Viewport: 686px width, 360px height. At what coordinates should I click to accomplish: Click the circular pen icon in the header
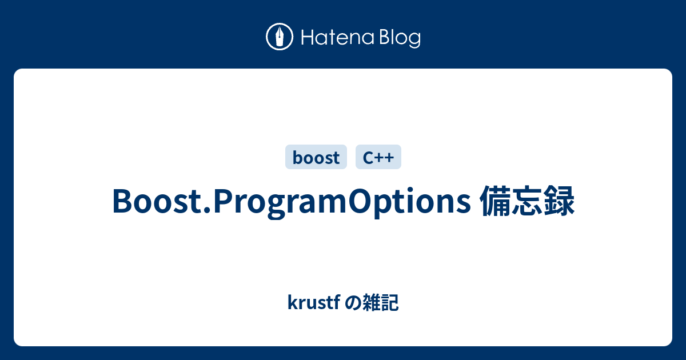280,38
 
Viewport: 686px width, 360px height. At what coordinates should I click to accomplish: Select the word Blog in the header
398,38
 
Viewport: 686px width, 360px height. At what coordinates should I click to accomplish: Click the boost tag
316,157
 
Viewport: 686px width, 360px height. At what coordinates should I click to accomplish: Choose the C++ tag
378,157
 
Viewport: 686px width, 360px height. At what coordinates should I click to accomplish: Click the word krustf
313,303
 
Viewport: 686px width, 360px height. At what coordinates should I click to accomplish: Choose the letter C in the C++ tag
367,157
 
